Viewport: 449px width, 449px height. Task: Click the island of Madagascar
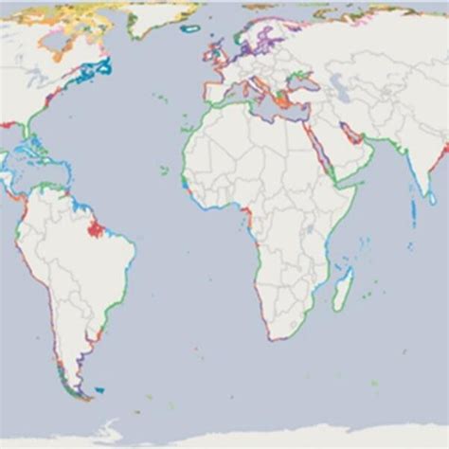tap(343, 286)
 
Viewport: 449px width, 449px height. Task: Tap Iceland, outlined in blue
tap(189, 28)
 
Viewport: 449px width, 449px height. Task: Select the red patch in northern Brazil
tap(94, 227)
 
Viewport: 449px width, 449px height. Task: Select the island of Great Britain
tap(216, 53)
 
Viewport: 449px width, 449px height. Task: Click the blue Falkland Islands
tap(99, 389)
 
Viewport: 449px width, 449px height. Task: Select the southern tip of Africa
tap(272, 338)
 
